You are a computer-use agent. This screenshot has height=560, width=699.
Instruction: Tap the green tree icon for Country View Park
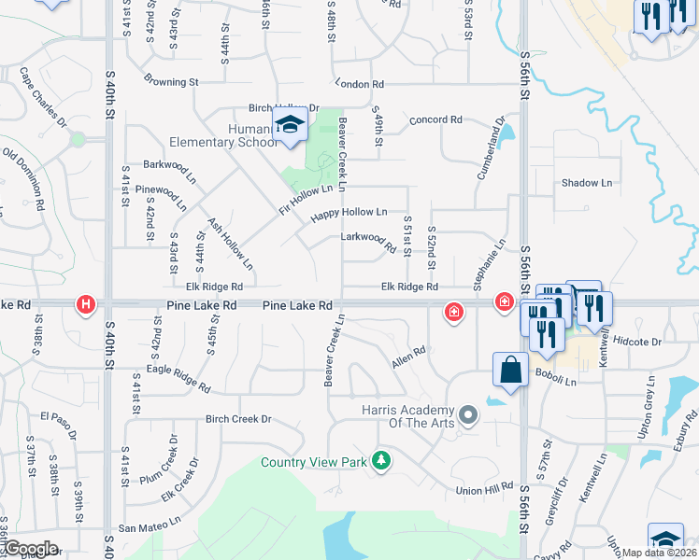(x=380, y=459)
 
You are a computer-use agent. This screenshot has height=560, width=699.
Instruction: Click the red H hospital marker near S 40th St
(x=86, y=304)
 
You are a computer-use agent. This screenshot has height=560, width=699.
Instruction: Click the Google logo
(x=30, y=549)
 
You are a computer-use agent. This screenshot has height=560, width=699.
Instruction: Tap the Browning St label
(x=171, y=82)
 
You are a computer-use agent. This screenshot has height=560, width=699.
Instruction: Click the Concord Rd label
(x=436, y=119)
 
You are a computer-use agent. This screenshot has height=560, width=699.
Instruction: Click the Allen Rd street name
(x=408, y=356)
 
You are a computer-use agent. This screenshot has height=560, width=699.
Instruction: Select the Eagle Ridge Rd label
(x=178, y=377)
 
